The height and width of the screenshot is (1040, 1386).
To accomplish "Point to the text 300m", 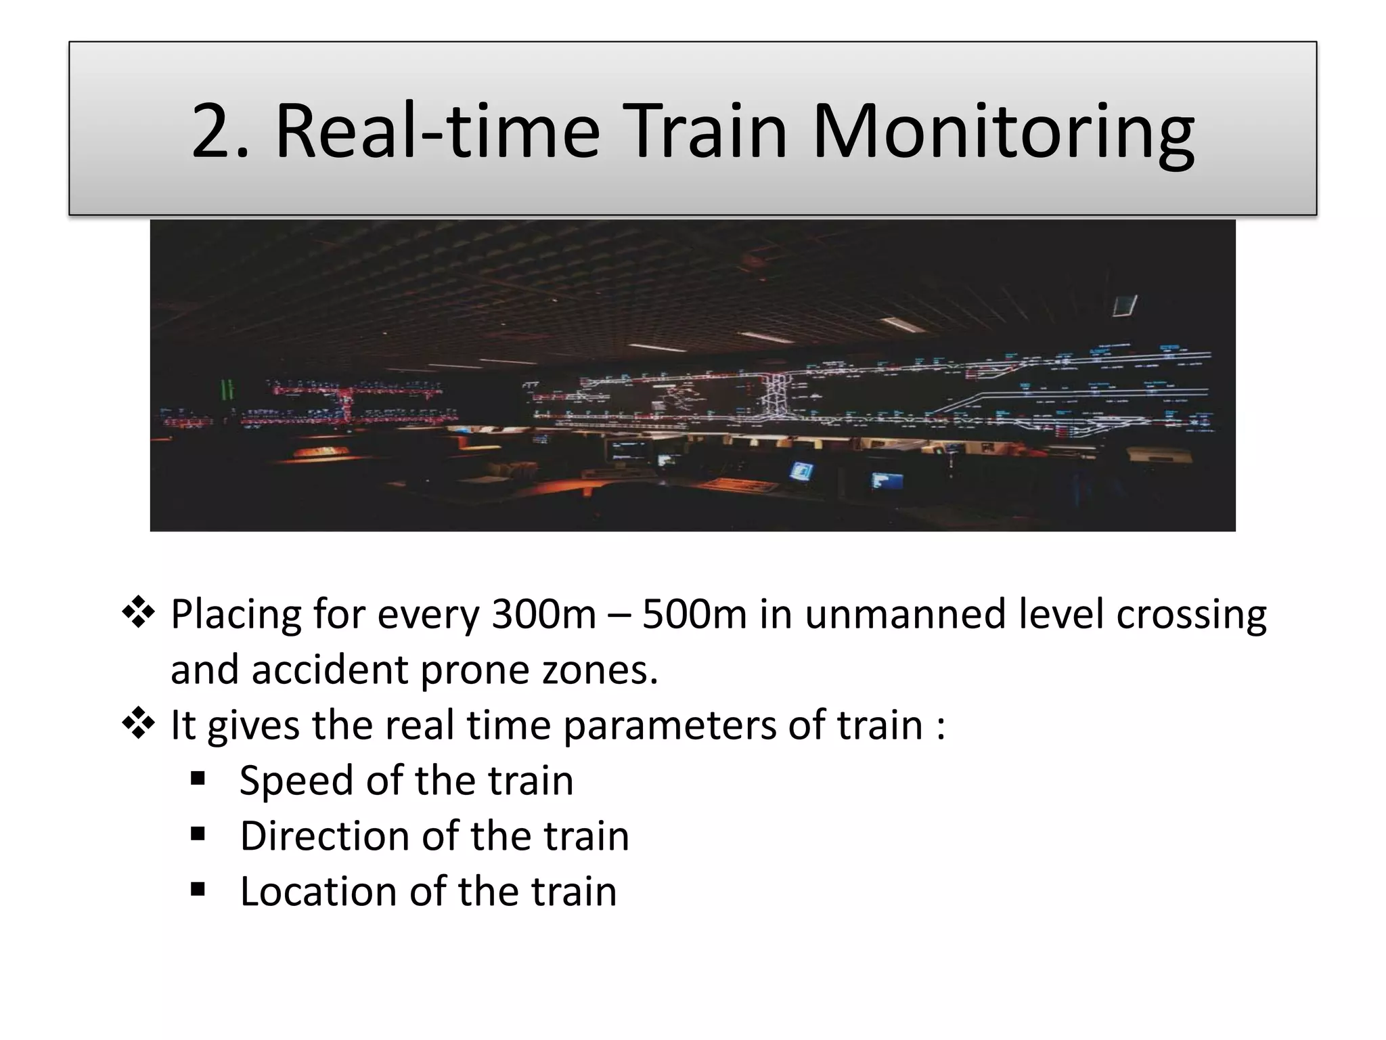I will click(x=543, y=615).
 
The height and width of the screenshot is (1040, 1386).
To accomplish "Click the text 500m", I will click(x=693, y=615).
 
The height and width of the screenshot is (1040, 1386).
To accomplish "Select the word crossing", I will click(x=1191, y=615).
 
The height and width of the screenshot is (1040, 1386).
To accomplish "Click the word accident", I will click(x=330, y=670).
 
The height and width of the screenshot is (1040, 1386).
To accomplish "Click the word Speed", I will click(x=296, y=781).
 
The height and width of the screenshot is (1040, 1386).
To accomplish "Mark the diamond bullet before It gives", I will click(x=138, y=724).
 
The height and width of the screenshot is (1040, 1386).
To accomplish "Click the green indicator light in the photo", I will click(x=227, y=391).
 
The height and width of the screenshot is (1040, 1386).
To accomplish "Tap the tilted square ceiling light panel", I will click(x=1125, y=305).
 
